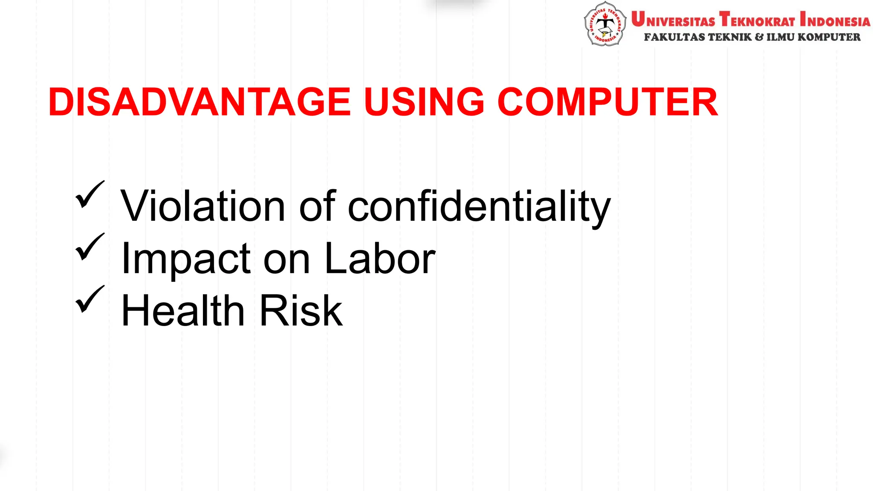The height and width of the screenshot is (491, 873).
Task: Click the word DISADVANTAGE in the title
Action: pyautogui.click(x=199, y=102)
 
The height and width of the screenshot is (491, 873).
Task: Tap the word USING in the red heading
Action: pyautogui.click(x=424, y=102)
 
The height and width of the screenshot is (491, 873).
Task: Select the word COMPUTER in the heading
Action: pyautogui.click(x=608, y=102)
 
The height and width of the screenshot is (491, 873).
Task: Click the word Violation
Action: pyautogui.click(x=202, y=206)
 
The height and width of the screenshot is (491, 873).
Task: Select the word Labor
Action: pyautogui.click(x=380, y=258)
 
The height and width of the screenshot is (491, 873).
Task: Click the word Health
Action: pyautogui.click(x=182, y=311)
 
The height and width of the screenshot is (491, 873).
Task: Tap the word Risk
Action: pyautogui.click(x=301, y=311)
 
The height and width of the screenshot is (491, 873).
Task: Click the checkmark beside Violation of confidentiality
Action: pyautogui.click(x=90, y=194)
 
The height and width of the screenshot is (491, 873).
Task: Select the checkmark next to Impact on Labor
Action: pyautogui.click(x=90, y=247)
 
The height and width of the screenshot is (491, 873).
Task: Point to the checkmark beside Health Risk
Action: pyautogui.click(x=90, y=299)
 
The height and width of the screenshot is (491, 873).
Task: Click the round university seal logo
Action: pyautogui.click(x=604, y=24)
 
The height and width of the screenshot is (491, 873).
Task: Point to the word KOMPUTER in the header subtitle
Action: pyautogui.click(x=829, y=37)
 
